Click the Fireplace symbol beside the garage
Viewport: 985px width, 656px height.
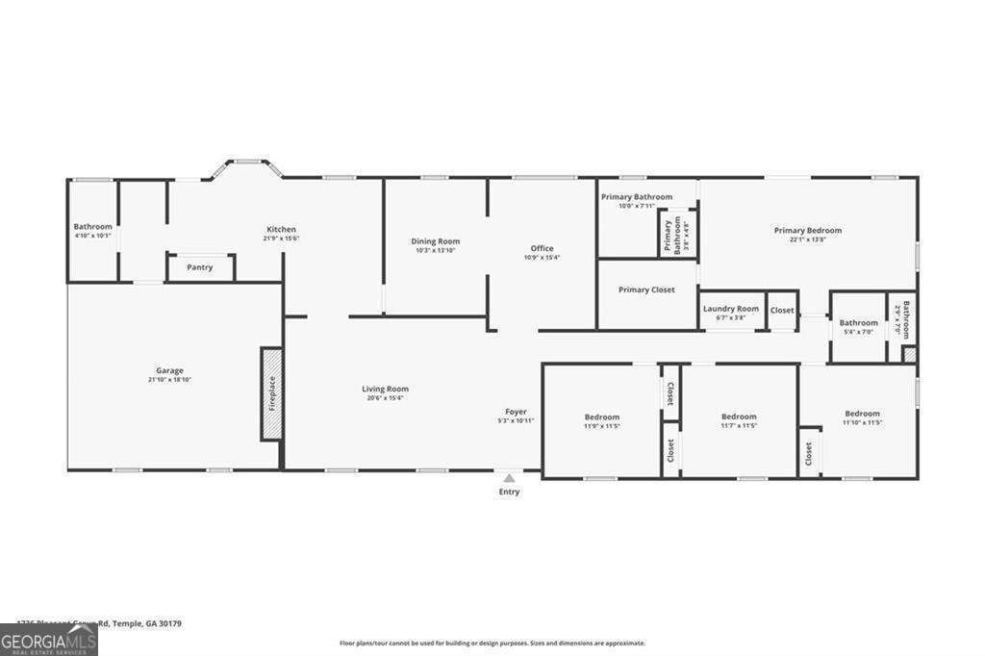(271, 393)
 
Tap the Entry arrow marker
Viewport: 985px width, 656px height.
(509, 477)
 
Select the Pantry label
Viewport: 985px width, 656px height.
(200, 267)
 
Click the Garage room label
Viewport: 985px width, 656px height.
(170, 370)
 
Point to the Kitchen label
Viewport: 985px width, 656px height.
(281, 229)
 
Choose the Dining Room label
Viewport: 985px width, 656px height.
(436, 241)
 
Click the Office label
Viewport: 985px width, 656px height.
(542, 248)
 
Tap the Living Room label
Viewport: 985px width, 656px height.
(385, 389)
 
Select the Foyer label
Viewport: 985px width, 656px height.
(516, 411)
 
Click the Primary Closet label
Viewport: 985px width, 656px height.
(646, 290)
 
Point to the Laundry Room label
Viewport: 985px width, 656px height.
(731, 309)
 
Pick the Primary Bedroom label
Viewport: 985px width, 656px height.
(808, 230)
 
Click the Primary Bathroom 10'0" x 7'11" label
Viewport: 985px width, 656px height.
(637, 196)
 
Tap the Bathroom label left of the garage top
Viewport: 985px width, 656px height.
(93, 227)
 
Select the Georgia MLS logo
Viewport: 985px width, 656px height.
(49, 640)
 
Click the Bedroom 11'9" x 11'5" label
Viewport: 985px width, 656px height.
(602, 416)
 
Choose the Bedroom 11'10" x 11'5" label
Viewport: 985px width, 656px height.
(862, 414)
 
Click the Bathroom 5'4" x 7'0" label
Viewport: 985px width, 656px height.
(858, 323)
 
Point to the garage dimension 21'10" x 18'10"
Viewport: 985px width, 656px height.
(170, 380)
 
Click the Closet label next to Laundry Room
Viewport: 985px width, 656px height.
(782, 310)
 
